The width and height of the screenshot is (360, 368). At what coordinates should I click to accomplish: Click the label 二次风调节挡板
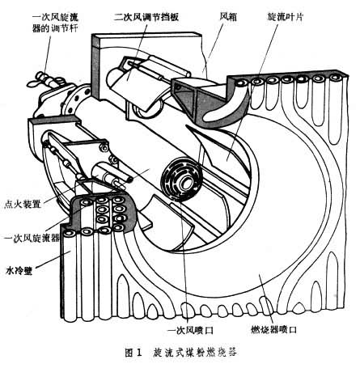coord(146,17)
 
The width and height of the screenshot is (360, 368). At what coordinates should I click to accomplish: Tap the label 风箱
coord(228,17)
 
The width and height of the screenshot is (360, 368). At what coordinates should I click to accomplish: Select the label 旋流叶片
coord(285,17)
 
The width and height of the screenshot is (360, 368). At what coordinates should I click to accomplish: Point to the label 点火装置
coord(23,204)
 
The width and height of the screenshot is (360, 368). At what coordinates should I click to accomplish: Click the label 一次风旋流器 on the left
coord(32,238)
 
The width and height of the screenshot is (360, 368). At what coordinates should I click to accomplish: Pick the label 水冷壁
coord(19,270)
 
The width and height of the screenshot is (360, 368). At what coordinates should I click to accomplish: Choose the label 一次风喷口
coord(190,330)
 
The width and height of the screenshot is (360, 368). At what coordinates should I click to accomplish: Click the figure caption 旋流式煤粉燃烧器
coord(195,353)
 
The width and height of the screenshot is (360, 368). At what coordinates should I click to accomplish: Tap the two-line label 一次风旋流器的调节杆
coord(55,23)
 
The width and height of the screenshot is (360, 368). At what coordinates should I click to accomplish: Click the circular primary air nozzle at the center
coord(181,180)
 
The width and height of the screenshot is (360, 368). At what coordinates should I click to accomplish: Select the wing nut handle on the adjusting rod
coord(35,80)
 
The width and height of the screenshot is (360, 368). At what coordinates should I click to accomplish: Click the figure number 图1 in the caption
coord(133,353)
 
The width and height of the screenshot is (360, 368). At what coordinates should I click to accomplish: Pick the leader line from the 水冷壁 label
coord(53,260)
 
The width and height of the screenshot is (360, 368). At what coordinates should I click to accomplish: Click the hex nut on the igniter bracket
coord(104,147)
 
